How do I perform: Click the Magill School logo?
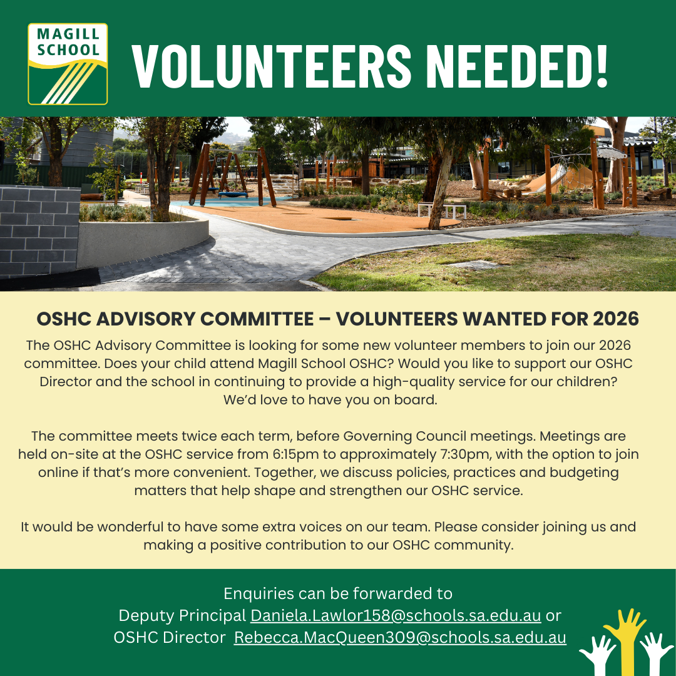[68, 64]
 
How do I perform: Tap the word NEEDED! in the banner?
[520, 66]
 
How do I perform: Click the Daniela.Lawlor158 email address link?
[396, 616]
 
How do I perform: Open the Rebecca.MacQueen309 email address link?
[399, 638]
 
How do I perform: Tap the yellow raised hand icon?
[625, 642]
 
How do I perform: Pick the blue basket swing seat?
[233, 195]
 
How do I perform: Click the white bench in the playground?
[442, 210]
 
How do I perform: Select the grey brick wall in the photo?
[39, 230]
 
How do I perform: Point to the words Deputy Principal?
[182, 616]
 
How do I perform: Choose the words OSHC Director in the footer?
[170, 638]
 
